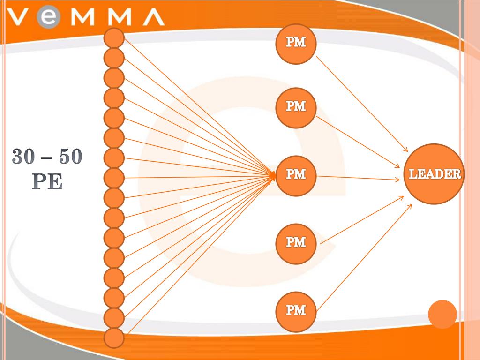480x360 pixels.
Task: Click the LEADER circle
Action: click(x=434, y=174)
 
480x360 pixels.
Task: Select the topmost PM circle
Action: click(x=296, y=44)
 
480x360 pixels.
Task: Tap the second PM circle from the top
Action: click(x=296, y=108)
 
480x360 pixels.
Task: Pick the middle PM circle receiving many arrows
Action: click(x=296, y=175)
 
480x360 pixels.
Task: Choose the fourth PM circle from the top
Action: click(x=296, y=243)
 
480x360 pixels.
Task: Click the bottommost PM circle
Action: click(x=296, y=311)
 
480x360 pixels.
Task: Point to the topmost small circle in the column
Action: click(x=114, y=37)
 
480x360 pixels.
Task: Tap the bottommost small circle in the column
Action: click(x=114, y=338)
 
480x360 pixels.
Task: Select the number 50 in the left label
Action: click(x=70, y=157)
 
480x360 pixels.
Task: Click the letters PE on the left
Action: click(x=47, y=181)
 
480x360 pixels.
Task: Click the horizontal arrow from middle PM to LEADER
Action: click(x=359, y=178)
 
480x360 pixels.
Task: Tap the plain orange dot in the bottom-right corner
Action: click(x=442, y=314)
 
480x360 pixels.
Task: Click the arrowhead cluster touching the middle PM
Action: click(x=272, y=176)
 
